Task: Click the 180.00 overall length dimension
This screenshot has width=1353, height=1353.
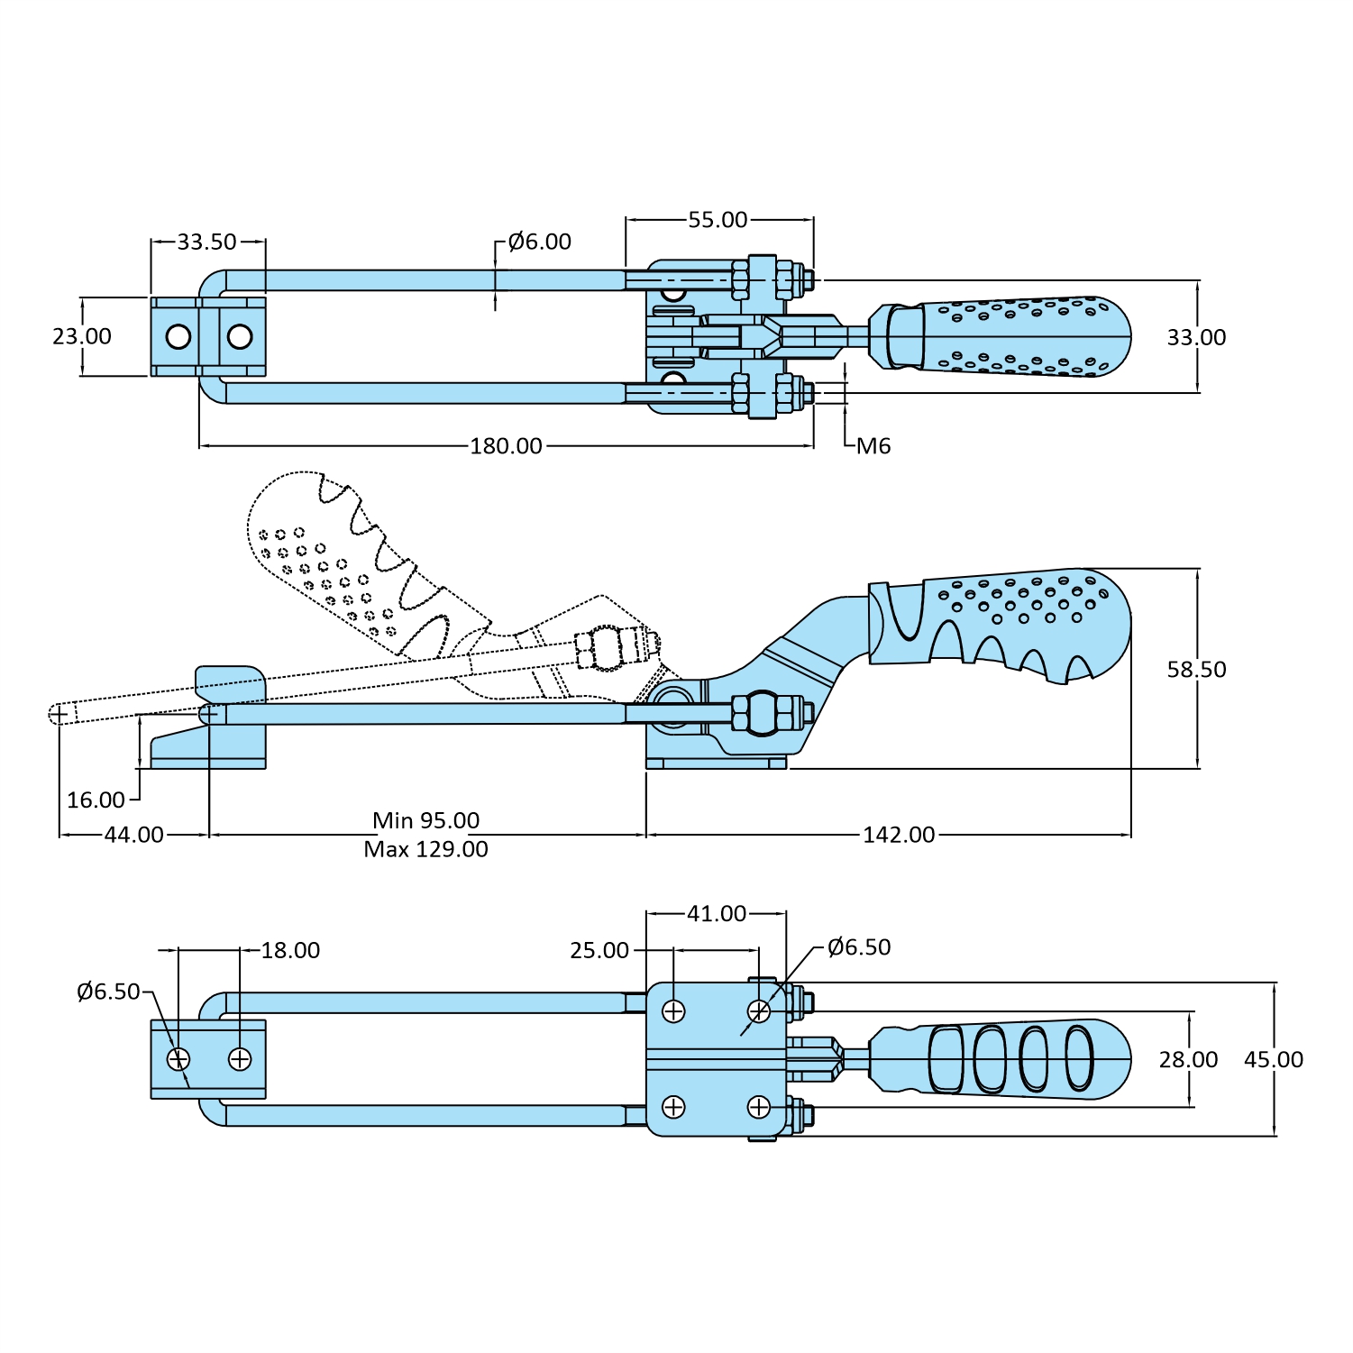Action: [x=506, y=446]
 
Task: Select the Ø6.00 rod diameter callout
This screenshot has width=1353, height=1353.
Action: [x=539, y=242]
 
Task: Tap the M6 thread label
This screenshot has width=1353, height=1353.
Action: [x=873, y=446]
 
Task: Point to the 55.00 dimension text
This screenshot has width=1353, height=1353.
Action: [x=718, y=220]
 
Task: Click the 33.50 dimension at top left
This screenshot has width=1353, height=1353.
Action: [x=206, y=242]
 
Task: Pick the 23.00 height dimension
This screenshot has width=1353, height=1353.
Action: [x=82, y=337]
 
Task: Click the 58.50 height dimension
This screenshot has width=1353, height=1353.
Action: [x=1196, y=670]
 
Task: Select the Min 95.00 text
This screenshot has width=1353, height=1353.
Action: [x=426, y=820]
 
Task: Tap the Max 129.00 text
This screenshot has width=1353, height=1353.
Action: [x=426, y=849]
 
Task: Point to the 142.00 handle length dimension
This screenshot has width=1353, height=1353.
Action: [x=899, y=835]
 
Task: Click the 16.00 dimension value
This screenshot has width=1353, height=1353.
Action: [x=96, y=800]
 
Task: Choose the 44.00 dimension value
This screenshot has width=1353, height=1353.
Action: [x=133, y=835]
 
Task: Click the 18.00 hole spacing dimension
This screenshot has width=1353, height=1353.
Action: [x=290, y=951]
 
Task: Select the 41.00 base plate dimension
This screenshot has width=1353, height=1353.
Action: [x=717, y=914]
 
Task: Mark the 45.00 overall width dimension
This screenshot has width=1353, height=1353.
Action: [x=1273, y=1060]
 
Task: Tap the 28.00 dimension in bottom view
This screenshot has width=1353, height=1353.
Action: [x=1188, y=1060]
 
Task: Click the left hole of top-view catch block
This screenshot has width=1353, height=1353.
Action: [x=178, y=337]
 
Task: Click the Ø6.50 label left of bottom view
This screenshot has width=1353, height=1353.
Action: [x=108, y=992]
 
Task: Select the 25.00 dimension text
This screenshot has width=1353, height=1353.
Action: [x=599, y=951]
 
